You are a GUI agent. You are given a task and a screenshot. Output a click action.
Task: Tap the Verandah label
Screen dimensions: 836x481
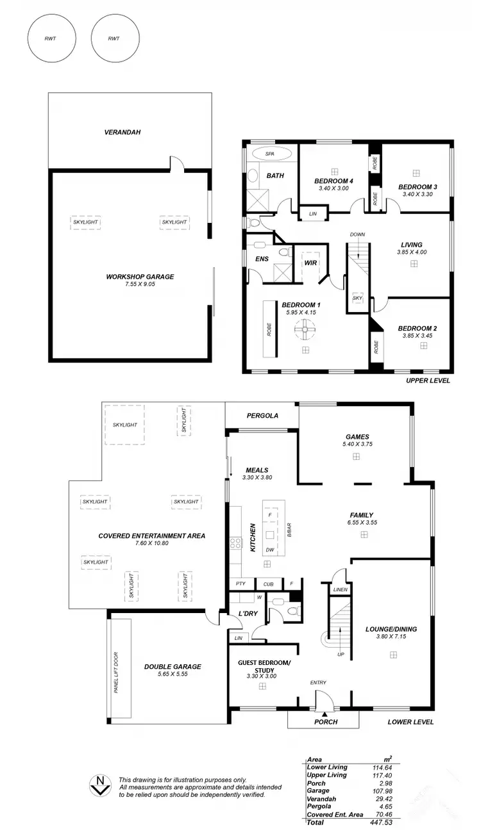click(122, 133)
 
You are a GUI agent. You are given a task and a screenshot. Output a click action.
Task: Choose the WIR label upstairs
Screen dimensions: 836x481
click(310, 263)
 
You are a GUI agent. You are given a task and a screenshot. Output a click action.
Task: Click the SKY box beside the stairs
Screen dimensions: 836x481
click(357, 299)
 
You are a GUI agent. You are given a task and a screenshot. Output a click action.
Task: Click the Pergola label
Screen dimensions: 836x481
click(262, 416)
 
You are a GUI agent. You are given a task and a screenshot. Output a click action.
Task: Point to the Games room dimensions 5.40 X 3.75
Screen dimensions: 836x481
click(356, 443)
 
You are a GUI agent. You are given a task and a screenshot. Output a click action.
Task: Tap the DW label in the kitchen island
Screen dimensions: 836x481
click(270, 550)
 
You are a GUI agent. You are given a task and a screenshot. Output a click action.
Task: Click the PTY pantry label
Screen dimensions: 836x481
click(241, 584)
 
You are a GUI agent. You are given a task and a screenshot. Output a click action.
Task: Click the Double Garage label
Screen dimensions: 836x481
click(173, 667)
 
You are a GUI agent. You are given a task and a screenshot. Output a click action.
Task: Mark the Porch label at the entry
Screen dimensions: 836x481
click(325, 722)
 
